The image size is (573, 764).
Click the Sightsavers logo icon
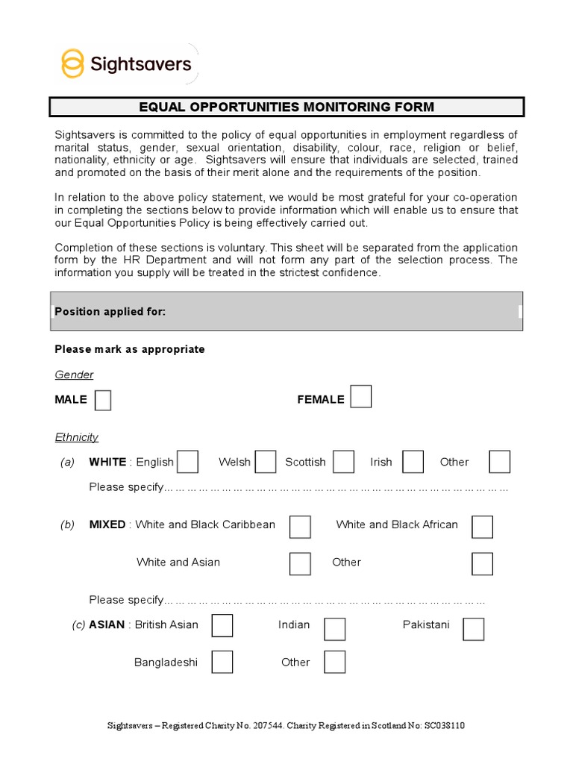72,63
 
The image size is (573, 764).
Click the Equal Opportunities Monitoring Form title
286,107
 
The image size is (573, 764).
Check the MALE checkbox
103,400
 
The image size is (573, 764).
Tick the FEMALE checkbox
361,397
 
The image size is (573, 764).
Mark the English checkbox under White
187,462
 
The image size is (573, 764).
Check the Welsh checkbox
266,462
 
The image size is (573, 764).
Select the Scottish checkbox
343,462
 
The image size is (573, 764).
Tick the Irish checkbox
413,462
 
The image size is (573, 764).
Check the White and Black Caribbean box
300,526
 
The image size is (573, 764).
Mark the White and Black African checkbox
482,526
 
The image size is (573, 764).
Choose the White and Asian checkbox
300,563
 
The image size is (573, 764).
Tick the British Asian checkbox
222,625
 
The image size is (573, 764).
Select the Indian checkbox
334,629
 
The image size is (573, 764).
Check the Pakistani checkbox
473,629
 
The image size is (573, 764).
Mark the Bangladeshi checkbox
222,662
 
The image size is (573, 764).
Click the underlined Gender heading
74,375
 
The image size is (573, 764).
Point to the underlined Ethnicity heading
76,437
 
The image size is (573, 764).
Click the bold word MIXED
107,525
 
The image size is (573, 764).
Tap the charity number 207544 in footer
268,725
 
